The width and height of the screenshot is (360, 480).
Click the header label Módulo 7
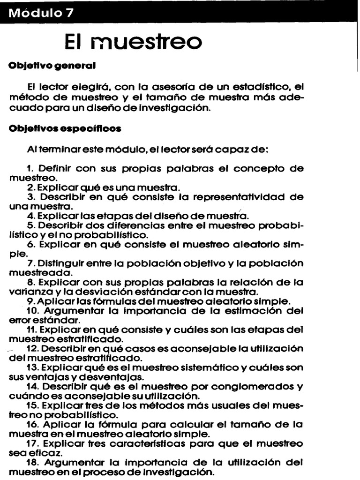pyautogui.click(x=42, y=13)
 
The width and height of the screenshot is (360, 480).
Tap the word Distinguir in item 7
pyautogui.click(x=62, y=264)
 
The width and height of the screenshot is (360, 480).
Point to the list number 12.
pyautogui.click(x=32, y=349)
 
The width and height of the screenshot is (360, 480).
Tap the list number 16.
pyautogui.click(x=32, y=425)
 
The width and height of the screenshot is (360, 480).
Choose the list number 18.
pyautogui.click(x=32, y=463)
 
